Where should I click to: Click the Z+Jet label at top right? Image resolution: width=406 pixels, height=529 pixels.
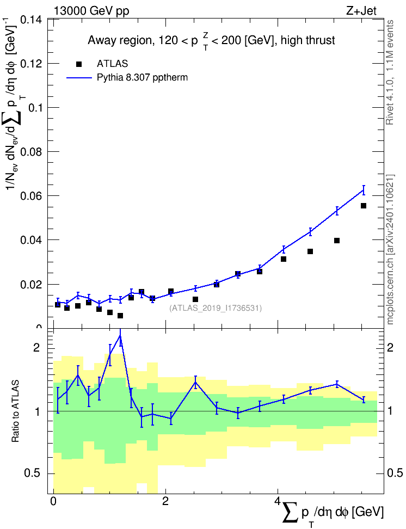[361, 11]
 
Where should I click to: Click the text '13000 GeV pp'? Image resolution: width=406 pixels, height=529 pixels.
[91, 11]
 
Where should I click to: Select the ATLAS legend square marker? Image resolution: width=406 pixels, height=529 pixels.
[78, 64]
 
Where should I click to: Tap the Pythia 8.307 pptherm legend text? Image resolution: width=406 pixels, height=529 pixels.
[142, 77]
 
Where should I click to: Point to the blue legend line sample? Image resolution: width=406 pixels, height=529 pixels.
[79, 78]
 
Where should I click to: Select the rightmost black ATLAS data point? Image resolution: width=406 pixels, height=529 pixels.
[364, 206]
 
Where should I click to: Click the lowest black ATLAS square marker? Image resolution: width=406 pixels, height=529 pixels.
[120, 316]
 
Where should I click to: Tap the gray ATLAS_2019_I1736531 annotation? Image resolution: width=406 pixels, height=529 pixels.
[216, 308]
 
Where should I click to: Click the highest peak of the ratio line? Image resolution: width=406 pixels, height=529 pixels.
[120, 335]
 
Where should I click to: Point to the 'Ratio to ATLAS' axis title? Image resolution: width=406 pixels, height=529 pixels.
[15, 411]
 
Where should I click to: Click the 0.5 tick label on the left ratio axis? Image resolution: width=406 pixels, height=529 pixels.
[33, 473]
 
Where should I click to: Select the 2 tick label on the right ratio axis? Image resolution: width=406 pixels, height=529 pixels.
[390, 347]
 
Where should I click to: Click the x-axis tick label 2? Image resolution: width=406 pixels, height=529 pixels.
[165, 501]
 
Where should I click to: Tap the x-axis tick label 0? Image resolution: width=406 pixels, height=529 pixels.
[53, 501]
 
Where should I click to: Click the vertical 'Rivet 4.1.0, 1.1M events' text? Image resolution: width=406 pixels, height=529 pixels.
[390, 72]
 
